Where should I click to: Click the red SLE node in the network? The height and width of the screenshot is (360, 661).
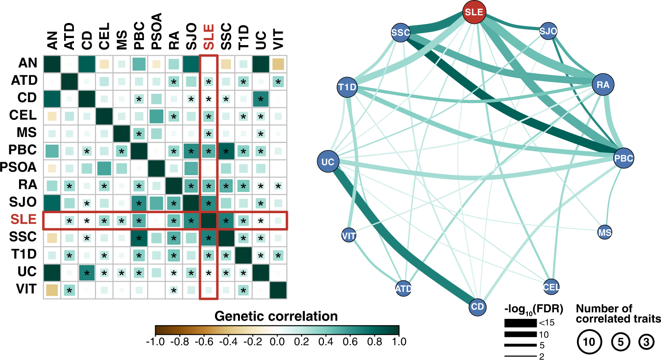click(474, 12)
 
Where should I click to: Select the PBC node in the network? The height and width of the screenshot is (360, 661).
click(623, 158)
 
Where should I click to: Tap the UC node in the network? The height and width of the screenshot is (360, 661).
click(328, 162)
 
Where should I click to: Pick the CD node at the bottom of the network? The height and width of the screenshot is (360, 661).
click(477, 306)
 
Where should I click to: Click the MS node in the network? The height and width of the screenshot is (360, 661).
click(604, 232)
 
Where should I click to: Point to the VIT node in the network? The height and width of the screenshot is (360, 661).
click(349, 236)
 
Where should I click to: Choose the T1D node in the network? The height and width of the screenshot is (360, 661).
click(347, 87)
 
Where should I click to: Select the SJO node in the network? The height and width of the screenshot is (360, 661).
click(548, 31)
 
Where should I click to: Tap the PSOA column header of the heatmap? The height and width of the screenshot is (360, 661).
click(156, 32)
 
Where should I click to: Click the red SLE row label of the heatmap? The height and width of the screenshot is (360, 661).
click(23, 219)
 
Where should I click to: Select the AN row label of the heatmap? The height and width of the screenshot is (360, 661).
click(27, 63)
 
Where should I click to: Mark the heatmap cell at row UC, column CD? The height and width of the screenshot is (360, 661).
click(87, 272)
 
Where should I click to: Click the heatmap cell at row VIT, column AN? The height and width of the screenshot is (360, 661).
click(52, 290)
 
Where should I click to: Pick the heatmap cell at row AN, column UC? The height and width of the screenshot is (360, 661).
click(261, 64)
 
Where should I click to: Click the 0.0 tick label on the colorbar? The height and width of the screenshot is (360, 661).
click(277, 341)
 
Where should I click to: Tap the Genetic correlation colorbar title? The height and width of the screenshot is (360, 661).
click(276, 316)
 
